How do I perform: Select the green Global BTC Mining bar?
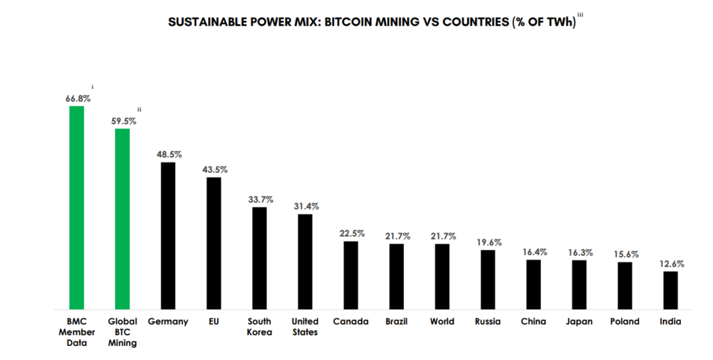(123, 219)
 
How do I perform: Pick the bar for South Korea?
(259, 258)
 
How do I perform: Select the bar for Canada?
(351, 274)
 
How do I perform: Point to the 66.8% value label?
(78, 99)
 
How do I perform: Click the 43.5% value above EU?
(214, 169)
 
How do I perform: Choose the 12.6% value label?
(671, 264)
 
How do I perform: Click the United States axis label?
(305, 327)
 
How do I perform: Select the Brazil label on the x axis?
(396, 322)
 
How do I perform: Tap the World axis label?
(441, 322)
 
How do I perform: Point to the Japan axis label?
(579, 322)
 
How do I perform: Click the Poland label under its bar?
(625, 322)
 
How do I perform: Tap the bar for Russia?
(487, 279)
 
